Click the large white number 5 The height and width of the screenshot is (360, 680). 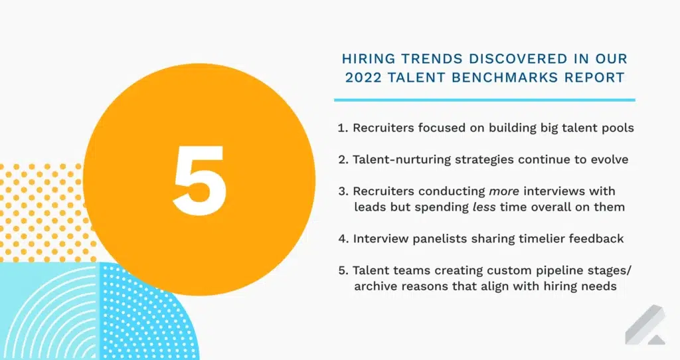pos(199,179)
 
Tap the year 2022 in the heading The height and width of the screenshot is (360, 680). pos(362,78)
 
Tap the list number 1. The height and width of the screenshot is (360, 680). pos(342,128)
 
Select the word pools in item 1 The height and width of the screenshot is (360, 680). pos(618,128)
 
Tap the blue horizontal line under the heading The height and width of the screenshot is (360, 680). pos(484,100)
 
